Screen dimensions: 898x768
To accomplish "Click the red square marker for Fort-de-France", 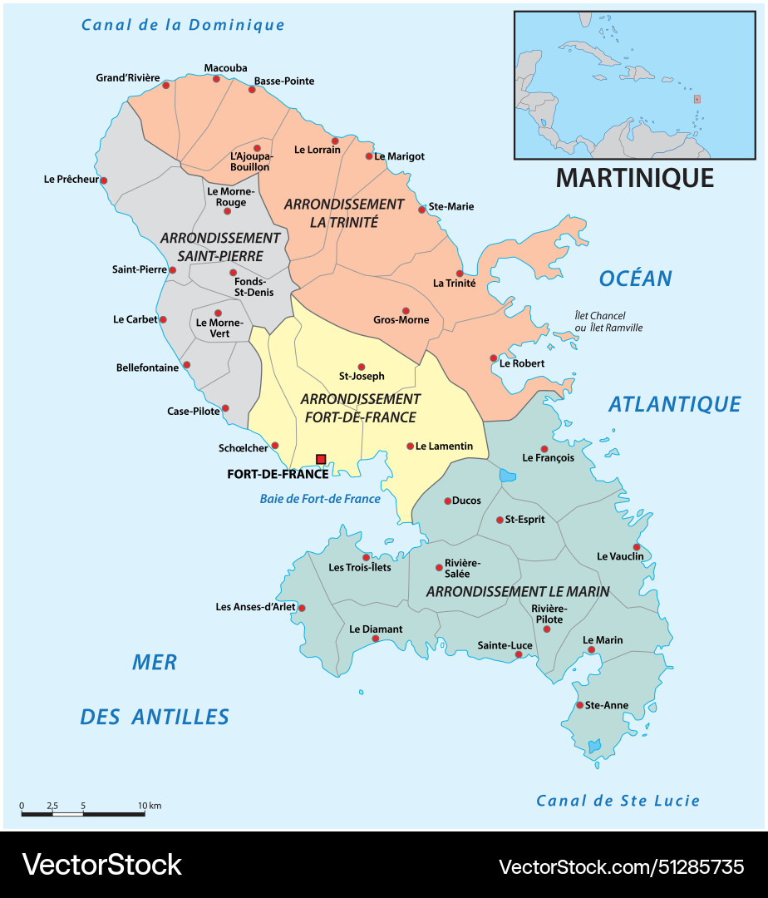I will [x=321, y=459].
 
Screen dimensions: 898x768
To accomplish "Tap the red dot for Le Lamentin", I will [x=410, y=447].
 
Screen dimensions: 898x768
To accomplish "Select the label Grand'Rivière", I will [x=127, y=78].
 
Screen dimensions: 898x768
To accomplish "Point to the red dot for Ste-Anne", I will [x=580, y=705].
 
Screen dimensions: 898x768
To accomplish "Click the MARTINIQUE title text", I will [x=634, y=177].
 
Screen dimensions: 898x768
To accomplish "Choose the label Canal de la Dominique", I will [x=183, y=25].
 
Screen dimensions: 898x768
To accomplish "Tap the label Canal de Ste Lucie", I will [x=618, y=801].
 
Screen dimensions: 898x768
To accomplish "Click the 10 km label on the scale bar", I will [x=150, y=806].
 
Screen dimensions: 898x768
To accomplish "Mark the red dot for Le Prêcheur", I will [x=104, y=180].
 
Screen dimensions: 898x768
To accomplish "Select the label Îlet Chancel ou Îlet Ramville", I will [x=608, y=322].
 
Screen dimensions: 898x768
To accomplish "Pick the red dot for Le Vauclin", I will [x=637, y=547].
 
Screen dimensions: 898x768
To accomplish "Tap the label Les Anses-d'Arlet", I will [x=255, y=607].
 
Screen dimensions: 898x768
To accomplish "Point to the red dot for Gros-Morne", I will [x=406, y=311].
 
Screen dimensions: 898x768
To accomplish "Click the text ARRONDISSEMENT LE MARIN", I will [x=517, y=591].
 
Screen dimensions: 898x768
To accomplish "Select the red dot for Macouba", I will [x=216, y=79].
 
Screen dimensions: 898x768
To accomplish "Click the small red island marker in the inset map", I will [x=697, y=99].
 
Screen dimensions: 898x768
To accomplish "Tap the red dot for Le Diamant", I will [x=376, y=639].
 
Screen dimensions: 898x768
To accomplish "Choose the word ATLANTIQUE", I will [x=674, y=404].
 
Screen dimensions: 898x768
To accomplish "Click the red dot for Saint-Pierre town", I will [x=173, y=269].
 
